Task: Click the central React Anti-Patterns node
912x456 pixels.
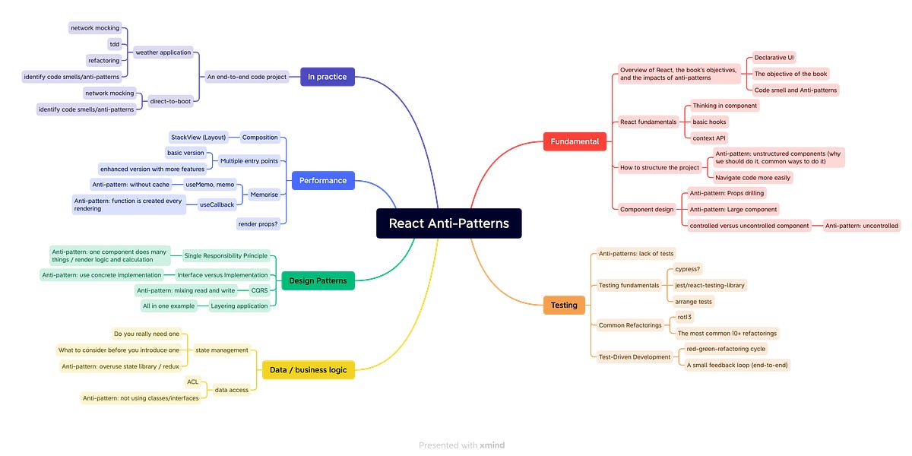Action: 448,223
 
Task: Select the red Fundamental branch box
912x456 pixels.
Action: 575,141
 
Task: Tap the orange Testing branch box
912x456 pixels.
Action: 564,305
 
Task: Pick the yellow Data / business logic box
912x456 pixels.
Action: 308,370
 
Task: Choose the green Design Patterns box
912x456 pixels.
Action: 318,281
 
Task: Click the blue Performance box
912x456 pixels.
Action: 322,180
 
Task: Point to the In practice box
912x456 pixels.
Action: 327,77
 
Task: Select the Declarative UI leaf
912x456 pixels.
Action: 774,58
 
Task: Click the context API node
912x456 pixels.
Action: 709,138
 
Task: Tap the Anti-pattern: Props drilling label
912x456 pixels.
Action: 727,193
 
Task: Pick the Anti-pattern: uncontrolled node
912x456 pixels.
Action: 862,226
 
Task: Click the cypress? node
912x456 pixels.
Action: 688,269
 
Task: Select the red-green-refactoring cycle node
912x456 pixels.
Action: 726,349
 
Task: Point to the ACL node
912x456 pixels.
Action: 192,382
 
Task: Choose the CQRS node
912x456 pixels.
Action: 259,290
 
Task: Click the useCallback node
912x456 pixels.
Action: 217,204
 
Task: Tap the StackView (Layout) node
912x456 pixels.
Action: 198,138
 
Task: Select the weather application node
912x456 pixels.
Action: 163,53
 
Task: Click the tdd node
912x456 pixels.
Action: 115,44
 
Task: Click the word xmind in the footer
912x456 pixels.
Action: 492,445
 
